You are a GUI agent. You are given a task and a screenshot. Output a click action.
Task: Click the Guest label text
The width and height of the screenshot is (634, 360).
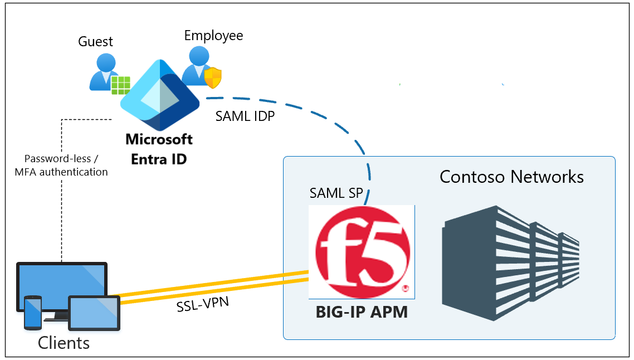coord(95,42)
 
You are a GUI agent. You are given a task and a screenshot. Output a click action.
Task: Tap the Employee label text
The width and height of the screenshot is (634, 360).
coord(213,36)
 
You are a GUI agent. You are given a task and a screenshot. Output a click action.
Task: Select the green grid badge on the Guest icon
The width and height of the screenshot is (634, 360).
coord(120,85)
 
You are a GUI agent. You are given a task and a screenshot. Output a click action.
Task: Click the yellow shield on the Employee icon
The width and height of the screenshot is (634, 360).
coord(213,78)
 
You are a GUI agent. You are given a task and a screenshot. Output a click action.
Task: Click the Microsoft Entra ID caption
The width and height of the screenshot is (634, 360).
coord(159,149)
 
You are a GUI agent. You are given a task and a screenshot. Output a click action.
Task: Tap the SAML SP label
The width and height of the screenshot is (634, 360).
coord(336,193)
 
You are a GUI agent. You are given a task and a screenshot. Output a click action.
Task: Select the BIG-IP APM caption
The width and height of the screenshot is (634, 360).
coord(362,312)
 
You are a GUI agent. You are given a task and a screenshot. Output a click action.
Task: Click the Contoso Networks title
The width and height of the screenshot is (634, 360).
coord(511,177)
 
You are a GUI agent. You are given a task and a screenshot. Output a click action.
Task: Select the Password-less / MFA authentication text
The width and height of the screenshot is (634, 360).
coord(61,166)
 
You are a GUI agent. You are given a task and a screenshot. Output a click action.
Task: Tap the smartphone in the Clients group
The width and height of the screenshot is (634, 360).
coord(32,313)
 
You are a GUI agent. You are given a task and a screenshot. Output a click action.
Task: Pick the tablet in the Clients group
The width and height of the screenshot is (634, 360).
coord(94,313)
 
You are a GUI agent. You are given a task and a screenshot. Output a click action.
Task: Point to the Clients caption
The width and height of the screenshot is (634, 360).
coord(64,342)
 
